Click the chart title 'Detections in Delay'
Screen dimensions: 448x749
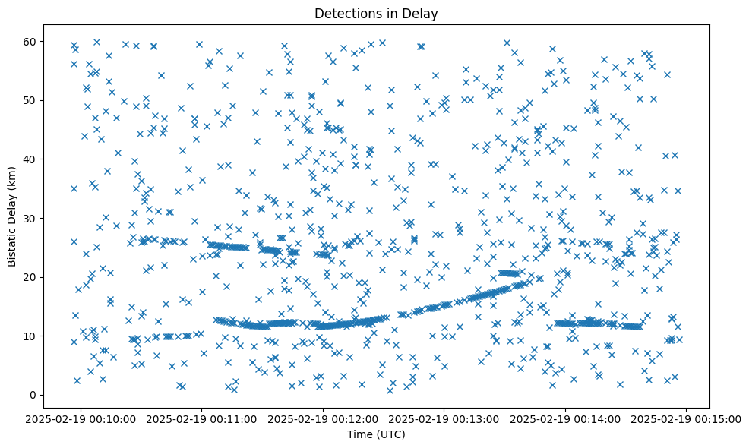point(377,13)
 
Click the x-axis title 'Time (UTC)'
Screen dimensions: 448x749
point(377,435)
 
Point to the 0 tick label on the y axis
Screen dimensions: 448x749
point(33,395)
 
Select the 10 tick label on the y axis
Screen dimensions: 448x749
point(30,336)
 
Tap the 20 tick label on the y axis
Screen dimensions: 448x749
point(30,277)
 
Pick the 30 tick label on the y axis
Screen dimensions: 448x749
point(30,218)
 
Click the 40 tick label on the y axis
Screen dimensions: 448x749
point(30,159)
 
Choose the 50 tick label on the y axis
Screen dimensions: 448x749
point(30,100)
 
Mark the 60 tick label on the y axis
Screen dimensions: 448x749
point(30,41)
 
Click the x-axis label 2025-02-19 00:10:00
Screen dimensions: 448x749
point(81,418)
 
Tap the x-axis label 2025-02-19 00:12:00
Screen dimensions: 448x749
point(324,418)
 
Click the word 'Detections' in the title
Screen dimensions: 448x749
point(344,13)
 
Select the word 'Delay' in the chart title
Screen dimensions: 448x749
point(423,13)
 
